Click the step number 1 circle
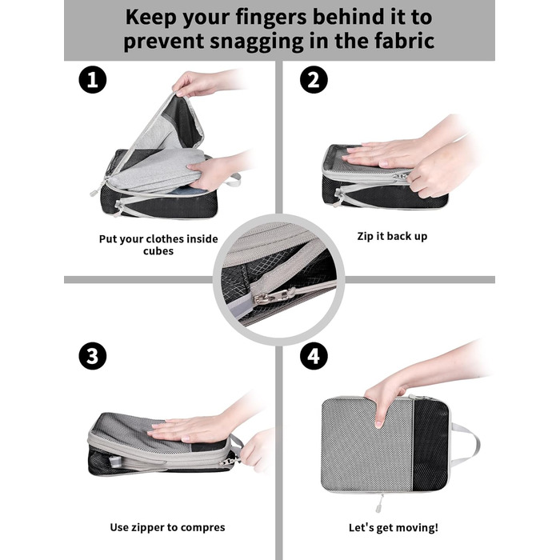click(x=93, y=79)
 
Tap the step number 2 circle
click(x=314, y=79)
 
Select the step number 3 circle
click(x=93, y=356)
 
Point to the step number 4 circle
click(x=314, y=356)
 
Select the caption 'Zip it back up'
click(x=392, y=236)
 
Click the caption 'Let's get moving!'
click(x=394, y=527)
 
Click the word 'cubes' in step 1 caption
click(x=158, y=251)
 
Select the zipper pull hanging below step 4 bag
click(x=379, y=503)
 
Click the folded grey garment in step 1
click(x=157, y=168)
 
